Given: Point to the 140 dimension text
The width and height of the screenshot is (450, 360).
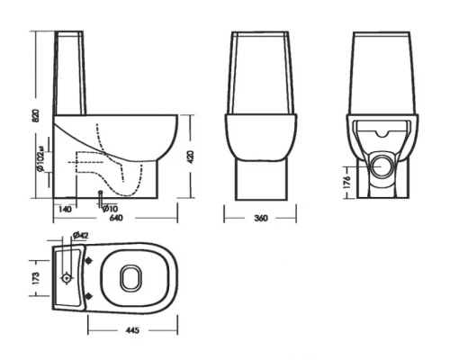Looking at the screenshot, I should tap(65, 208).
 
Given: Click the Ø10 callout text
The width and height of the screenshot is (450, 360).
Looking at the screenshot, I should tap(110, 208).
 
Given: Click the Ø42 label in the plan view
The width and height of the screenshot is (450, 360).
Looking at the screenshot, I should tap(79, 236).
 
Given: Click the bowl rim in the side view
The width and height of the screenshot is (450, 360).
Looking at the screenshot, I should tap(126, 116).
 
